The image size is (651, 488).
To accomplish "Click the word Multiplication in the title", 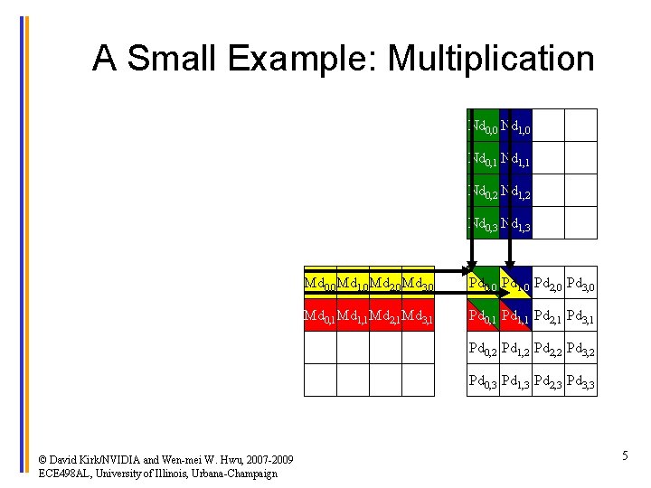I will click(491, 60).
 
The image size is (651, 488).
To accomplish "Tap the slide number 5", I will click(625, 456).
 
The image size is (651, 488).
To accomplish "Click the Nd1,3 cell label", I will click(515, 224).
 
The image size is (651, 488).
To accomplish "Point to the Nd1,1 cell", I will click(515, 159).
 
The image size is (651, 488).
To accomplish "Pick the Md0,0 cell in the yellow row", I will click(319, 284).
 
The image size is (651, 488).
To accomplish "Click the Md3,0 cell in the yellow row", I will click(418, 284).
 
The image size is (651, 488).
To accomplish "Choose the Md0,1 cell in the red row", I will click(319, 316).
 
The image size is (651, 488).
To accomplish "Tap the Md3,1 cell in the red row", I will click(418, 316).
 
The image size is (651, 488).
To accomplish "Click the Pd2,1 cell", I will click(548, 316).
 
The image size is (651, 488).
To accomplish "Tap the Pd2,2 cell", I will click(548, 349).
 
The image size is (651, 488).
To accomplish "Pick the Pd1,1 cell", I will click(515, 316).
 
